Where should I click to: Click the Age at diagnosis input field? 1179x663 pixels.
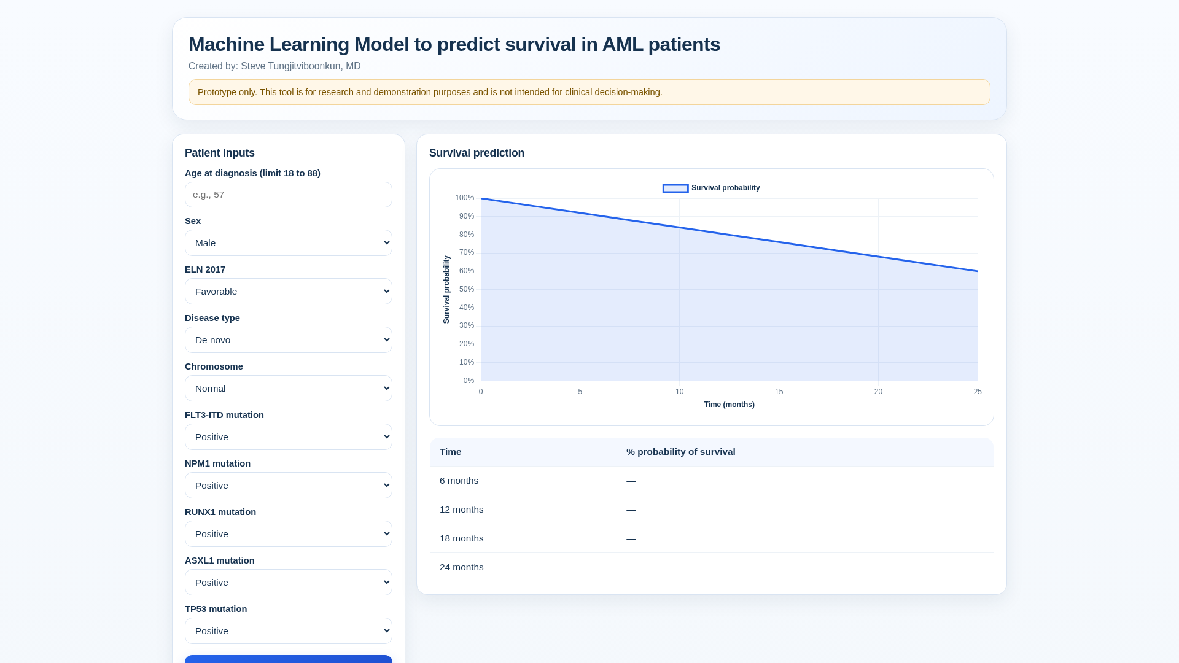pos(289,195)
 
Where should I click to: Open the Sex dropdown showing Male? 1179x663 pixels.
pos(289,243)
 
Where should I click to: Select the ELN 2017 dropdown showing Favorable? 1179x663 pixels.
pos(289,292)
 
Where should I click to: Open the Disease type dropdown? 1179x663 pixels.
pos(289,340)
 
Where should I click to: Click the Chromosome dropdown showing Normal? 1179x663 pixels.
pos(289,389)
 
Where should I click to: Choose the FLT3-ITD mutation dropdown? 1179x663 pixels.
pos(289,437)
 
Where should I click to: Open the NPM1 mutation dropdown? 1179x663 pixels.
pos(289,486)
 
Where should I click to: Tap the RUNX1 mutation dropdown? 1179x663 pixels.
pos(289,534)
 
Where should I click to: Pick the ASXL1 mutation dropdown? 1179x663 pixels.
pos(289,583)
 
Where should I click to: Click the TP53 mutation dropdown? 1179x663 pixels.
pos(289,631)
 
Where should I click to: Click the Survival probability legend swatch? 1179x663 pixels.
pos(675,188)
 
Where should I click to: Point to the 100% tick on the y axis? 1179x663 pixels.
pos(464,198)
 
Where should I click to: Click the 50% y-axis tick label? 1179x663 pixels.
pos(467,289)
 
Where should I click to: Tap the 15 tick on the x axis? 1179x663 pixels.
pos(779,392)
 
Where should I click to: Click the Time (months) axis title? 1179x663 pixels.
pos(729,405)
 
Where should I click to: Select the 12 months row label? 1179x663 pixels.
pos(462,510)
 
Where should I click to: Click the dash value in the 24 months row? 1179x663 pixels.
pos(631,567)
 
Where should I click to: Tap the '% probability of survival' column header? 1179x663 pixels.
pos(681,452)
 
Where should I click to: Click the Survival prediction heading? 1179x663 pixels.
pos(477,153)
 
